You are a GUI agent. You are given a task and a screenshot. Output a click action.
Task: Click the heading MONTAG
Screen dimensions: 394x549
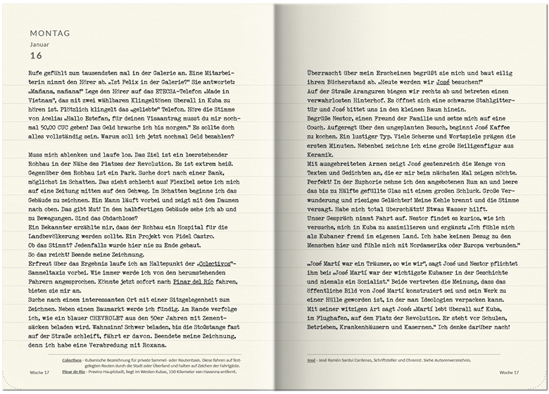pyautogui.click(x=49, y=32)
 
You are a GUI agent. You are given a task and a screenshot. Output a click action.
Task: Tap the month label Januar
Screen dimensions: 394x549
pyautogui.click(x=40, y=44)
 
